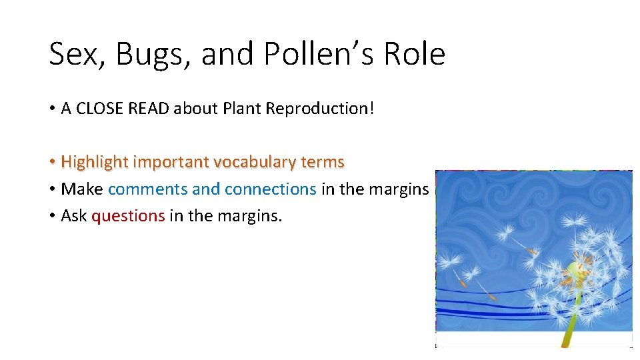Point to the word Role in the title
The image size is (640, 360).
click(x=417, y=54)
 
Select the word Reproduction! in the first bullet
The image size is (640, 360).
click(x=320, y=109)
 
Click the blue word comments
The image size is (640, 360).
click(x=147, y=189)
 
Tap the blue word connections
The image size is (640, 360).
click(x=271, y=189)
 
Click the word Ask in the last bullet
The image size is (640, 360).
click(x=74, y=215)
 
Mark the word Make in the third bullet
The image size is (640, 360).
click(x=82, y=189)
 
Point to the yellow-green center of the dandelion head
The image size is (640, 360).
click(x=575, y=271)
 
